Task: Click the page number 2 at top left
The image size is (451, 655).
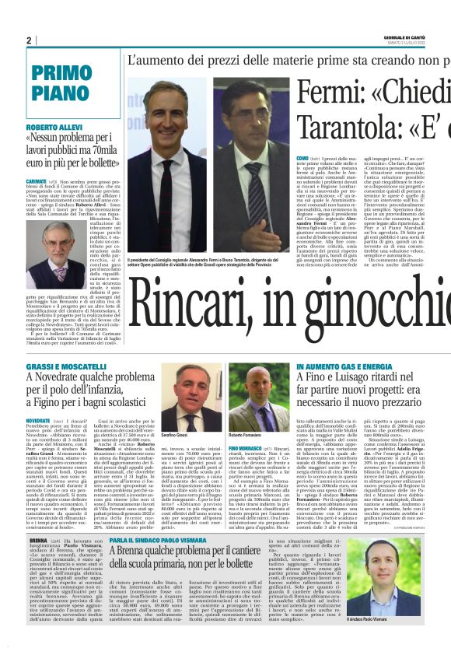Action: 28,40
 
